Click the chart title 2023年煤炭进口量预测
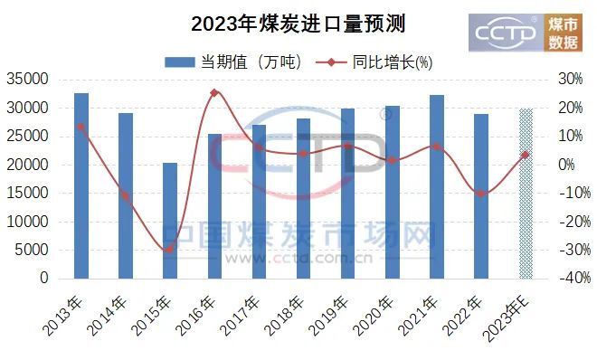click(298, 24)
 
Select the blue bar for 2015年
click(170, 221)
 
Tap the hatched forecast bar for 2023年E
click(526, 194)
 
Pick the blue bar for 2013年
click(81, 185)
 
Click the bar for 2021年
click(437, 187)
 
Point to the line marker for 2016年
click(214, 92)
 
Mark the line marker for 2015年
click(170, 250)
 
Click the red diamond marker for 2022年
click(481, 194)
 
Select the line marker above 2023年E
click(526, 155)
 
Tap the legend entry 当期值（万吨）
click(233, 62)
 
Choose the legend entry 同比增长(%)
click(374, 62)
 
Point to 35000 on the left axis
click(28, 80)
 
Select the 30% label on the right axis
click(571, 79)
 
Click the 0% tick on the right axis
click(566, 165)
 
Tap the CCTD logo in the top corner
click(526, 33)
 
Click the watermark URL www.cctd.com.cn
click(298, 259)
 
